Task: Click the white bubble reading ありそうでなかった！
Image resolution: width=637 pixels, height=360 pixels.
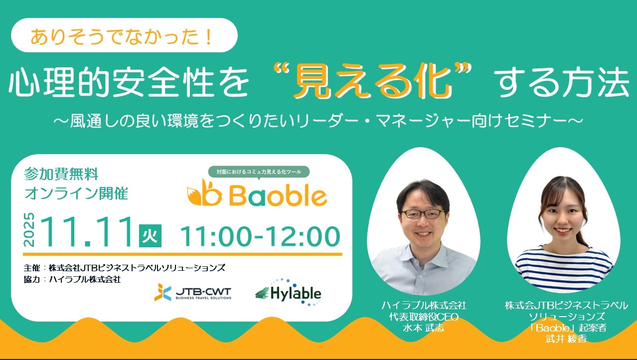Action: (x=124, y=35)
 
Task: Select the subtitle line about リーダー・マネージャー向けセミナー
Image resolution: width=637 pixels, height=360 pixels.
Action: (x=318, y=121)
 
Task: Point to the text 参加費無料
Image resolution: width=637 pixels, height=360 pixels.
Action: (x=61, y=174)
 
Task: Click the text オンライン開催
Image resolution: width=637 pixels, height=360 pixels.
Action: (x=76, y=193)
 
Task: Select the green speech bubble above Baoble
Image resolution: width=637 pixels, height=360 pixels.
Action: (x=259, y=172)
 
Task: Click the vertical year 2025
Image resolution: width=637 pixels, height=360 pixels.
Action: (x=29, y=230)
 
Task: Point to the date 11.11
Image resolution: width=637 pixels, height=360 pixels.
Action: (x=87, y=232)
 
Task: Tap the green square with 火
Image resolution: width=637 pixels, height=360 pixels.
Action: (x=150, y=236)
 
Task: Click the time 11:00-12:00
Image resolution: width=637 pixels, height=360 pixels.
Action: (x=260, y=236)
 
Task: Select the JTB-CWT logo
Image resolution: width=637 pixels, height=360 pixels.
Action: (x=193, y=292)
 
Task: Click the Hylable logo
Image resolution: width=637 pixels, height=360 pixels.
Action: (x=289, y=293)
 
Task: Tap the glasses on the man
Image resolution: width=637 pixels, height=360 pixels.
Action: (x=423, y=214)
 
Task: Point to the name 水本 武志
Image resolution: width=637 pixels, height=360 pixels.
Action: (x=424, y=328)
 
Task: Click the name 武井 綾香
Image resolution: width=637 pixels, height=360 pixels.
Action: (x=566, y=339)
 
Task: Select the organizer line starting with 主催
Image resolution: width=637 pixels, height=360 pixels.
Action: (x=125, y=268)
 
